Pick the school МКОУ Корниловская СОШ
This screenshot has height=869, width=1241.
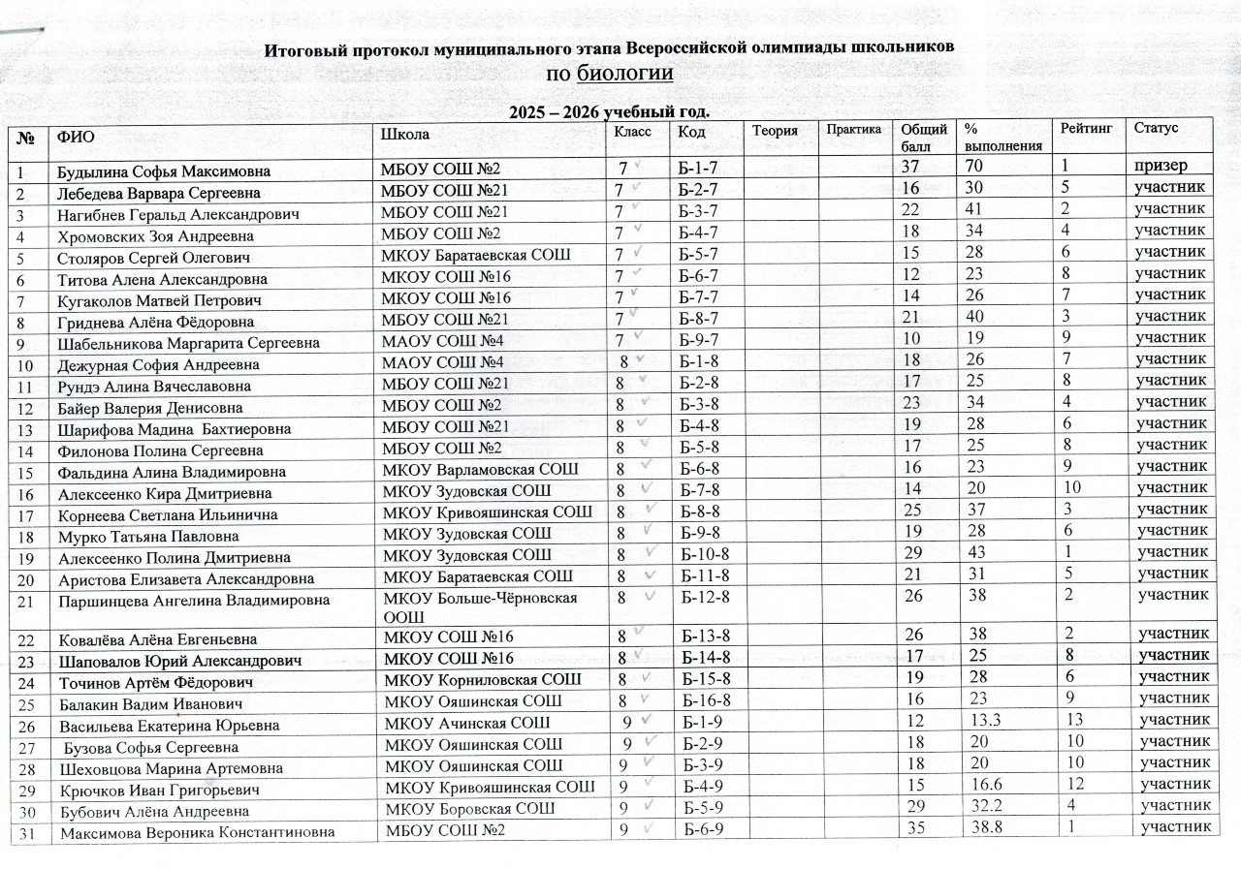coord(484,679)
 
